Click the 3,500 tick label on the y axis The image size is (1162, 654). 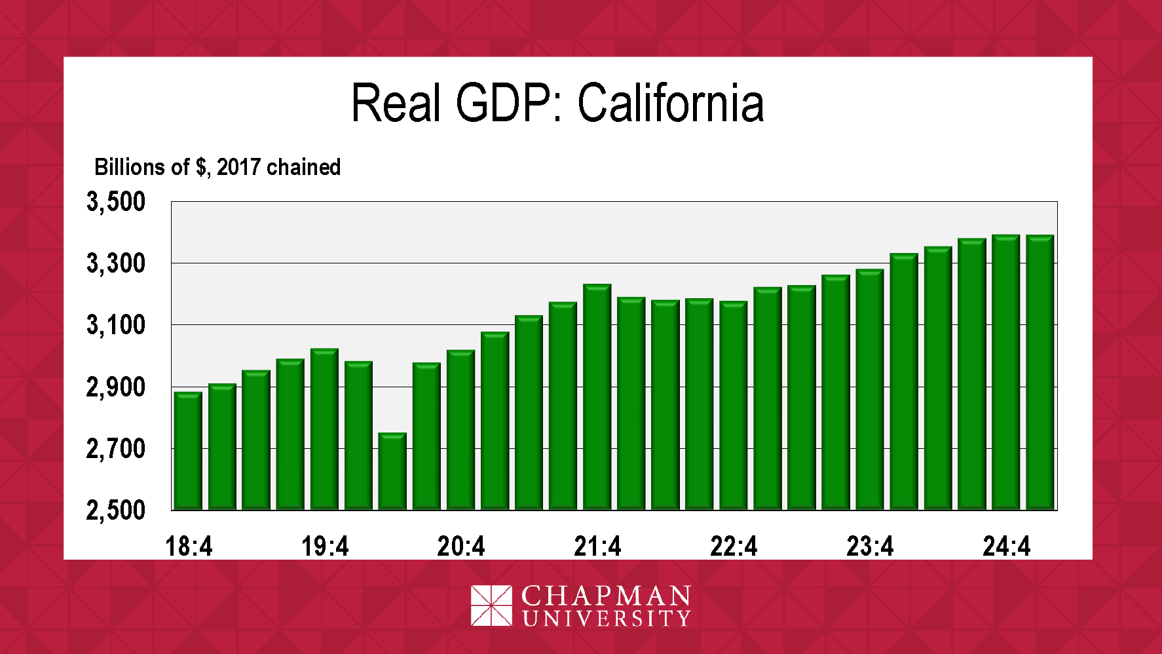click(x=116, y=202)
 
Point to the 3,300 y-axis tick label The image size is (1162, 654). click(x=116, y=263)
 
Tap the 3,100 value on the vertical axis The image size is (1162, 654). click(x=116, y=325)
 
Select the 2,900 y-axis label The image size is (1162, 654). click(x=116, y=387)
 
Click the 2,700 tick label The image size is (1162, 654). click(x=116, y=449)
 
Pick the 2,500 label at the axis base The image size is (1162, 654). click(x=116, y=510)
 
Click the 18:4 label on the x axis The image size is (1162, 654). click(x=189, y=546)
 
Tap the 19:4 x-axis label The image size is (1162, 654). click(x=325, y=546)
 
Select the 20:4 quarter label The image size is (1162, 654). click(x=461, y=546)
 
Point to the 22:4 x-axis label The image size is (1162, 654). click(x=734, y=546)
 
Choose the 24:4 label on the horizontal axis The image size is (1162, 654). click(x=1006, y=546)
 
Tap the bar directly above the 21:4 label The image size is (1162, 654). click(x=597, y=397)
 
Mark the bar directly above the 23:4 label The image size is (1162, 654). click(x=870, y=389)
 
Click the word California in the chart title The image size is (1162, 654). click(x=671, y=103)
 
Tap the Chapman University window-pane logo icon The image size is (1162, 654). click(x=491, y=606)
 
